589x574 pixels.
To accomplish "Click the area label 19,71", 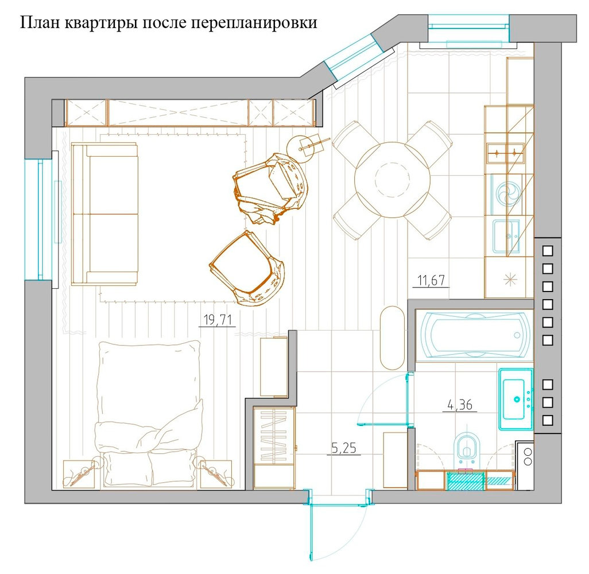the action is coord(218,320).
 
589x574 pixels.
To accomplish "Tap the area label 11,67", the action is coord(431,280).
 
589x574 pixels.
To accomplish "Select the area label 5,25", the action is coord(344,448).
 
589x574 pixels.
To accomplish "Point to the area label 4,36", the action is coord(460,405).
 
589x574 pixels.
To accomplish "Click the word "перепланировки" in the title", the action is coord(254,24).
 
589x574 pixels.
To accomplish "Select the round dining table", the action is coord(392,180).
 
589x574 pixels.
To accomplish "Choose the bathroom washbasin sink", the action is coord(516,399).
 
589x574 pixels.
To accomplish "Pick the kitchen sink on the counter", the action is coord(506,236).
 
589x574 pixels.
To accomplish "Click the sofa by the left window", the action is coord(105,214).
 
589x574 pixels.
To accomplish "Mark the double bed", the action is coord(149,414).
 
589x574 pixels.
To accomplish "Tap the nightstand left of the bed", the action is coord(78,475).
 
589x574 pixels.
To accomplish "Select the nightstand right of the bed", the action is coord(216,475).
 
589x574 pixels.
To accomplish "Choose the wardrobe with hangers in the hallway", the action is coord(274,448).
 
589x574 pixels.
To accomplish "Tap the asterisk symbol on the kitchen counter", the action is coord(510,279).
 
